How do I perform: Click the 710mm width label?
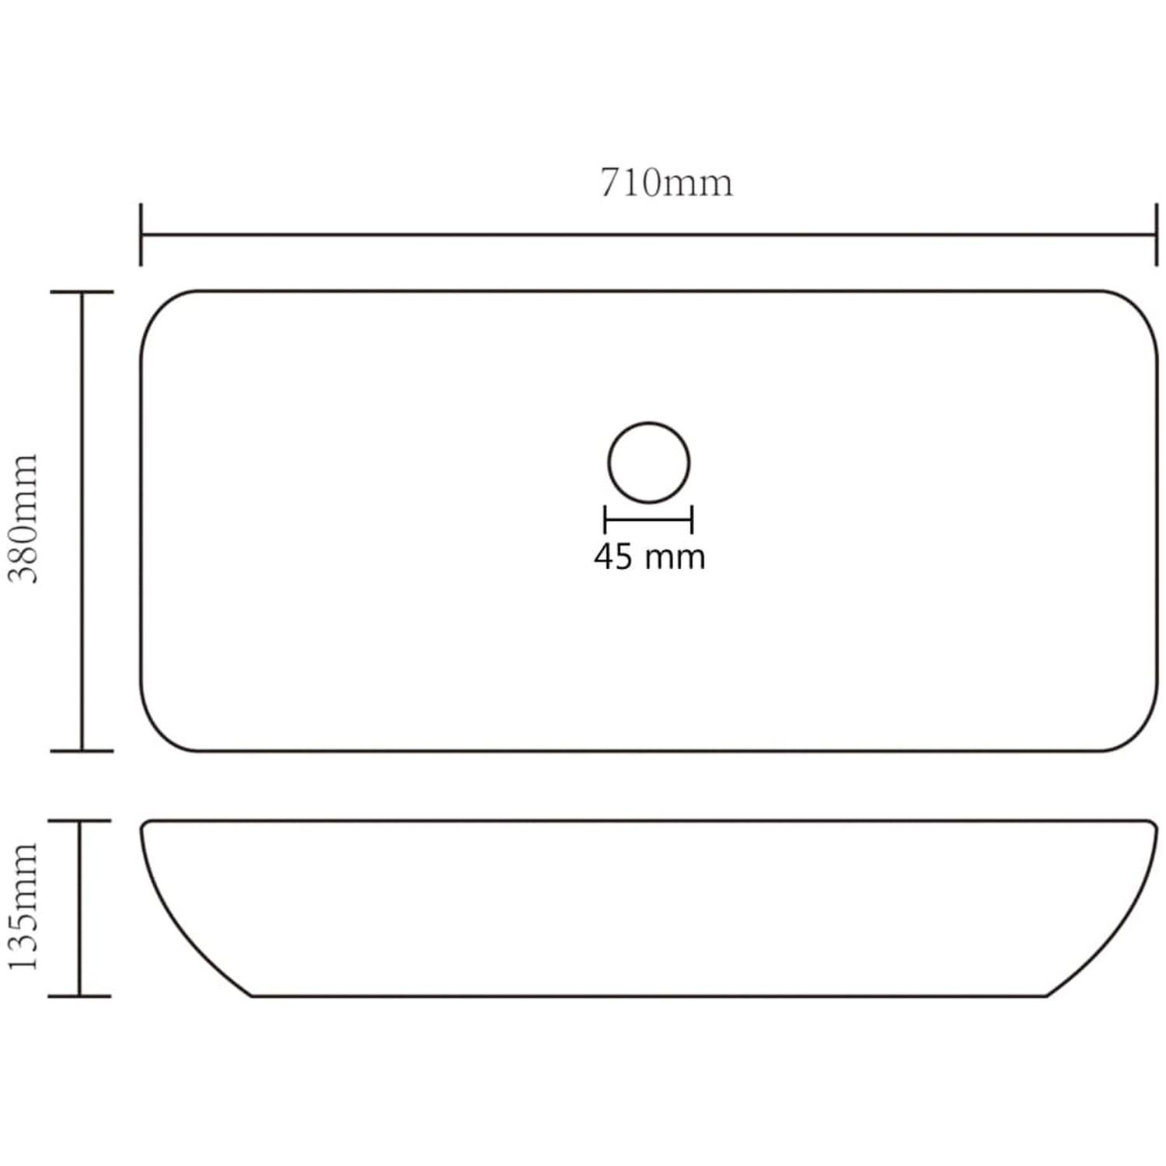point(666,183)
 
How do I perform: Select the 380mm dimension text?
point(23,519)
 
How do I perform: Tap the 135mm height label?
point(23,906)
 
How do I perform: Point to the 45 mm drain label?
point(650,557)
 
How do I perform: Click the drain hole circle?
point(649,424)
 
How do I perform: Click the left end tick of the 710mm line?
point(141,235)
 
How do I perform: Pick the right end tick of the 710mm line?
point(1157,235)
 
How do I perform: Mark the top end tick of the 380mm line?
point(82,292)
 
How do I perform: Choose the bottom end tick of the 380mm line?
point(82,751)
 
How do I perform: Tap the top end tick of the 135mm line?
point(79,821)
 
